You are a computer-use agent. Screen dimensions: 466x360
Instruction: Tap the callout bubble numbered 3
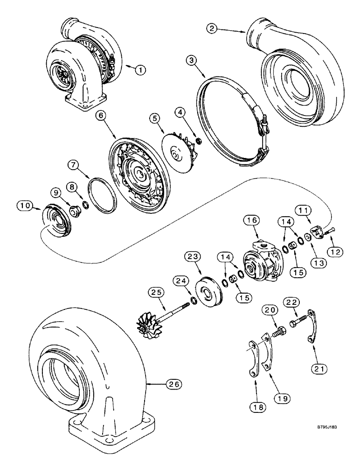[190, 61]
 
